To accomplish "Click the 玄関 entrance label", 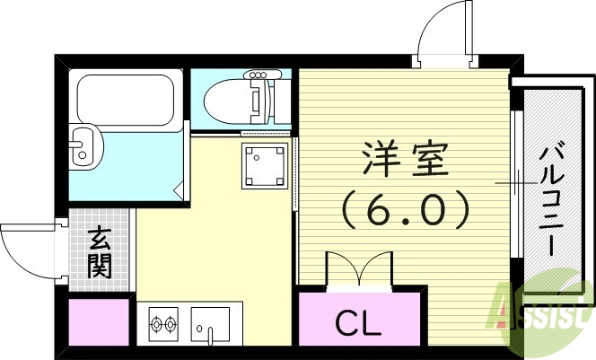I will [x=99, y=253].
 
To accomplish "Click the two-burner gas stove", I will [x=162, y=322].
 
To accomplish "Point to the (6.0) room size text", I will [x=404, y=213].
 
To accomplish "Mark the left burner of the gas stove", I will [x=154, y=322].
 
